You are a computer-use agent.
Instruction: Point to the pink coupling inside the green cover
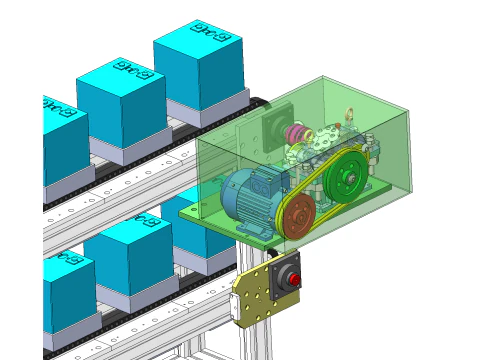tap(294, 134)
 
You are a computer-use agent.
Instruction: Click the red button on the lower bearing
tap(294, 279)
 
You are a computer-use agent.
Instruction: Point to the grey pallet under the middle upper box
tap(125, 151)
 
